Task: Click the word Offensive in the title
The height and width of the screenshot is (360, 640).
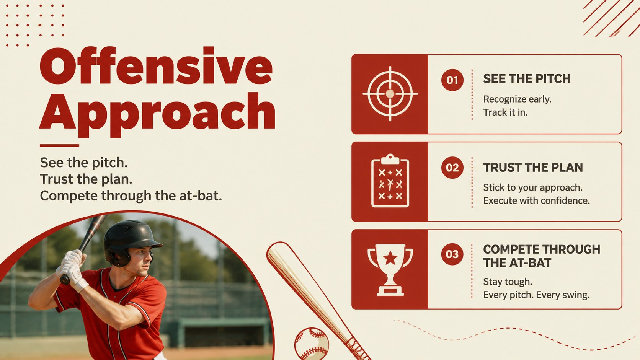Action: [x=156, y=65]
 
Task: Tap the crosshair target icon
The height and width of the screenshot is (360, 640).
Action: [x=390, y=94]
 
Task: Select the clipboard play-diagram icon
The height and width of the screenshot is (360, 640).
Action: [x=390, y=181]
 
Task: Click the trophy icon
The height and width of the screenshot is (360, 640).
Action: [x=390, y=269]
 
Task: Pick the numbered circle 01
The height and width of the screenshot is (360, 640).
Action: [x=452, y=80]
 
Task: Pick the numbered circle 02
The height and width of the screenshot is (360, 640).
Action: [x=452, y=168]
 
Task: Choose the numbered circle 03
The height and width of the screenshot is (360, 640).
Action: [x=452, y=254]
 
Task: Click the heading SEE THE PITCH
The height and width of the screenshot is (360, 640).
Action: [x=527, y=79]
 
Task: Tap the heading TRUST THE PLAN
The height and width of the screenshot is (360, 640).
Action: [x=533, y=168]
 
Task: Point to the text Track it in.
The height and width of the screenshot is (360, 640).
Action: [x=505, y=112]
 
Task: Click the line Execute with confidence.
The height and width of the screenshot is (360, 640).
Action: [x=536, y=200]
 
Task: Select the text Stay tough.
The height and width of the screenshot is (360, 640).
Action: [x=508, y=282]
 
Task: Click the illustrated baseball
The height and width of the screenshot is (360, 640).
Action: [x=312, y=344]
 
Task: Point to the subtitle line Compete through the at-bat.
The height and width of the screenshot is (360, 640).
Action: [x=131, y=196]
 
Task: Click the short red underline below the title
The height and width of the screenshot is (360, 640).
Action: [x=59, y=146]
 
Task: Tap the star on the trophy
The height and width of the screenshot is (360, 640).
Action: [x=390, y=258]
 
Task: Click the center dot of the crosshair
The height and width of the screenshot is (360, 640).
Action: [x=390, y=94]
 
